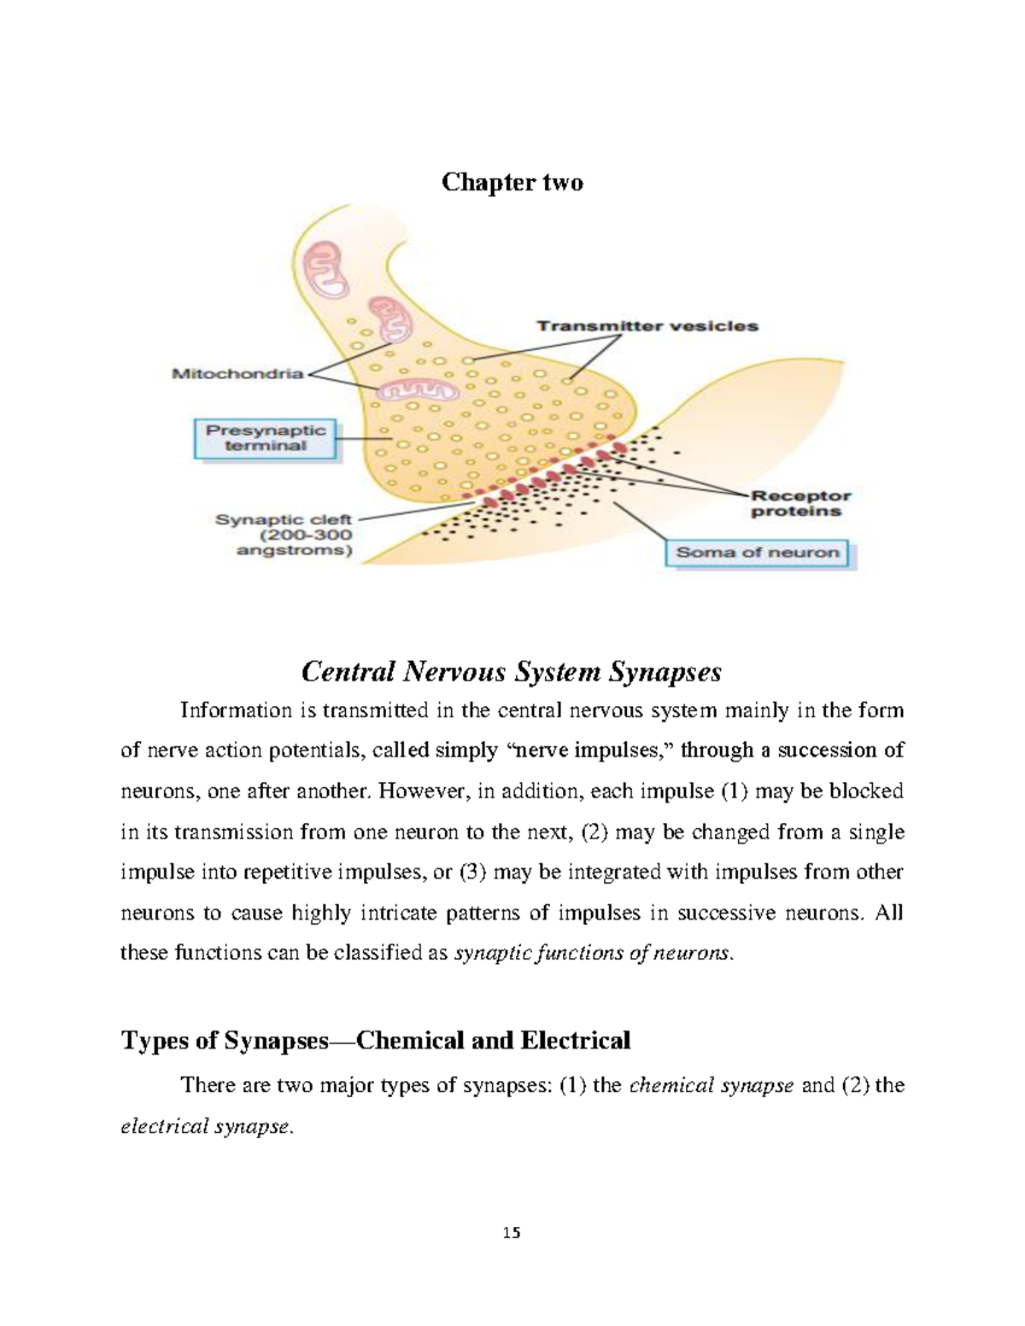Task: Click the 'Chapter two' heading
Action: coord(512,183)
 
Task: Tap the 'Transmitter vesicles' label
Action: coord(647,325)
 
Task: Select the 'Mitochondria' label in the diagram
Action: coord(237,373)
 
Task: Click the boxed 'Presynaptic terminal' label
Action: coord(266,438)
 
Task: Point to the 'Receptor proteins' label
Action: coord(800,503)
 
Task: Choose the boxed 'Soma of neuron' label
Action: coord(758,552)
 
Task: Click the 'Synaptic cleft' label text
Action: coord(284,519)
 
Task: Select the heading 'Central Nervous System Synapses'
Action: coord(512,672)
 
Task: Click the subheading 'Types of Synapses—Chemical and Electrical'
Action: coord(376,1040)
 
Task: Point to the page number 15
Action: coord(512,1233)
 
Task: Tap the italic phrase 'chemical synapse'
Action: coord(711,1086)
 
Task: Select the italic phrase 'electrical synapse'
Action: coord(206,1126)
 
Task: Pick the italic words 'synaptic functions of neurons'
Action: coord(592,953)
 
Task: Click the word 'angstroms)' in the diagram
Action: coord(294,551)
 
